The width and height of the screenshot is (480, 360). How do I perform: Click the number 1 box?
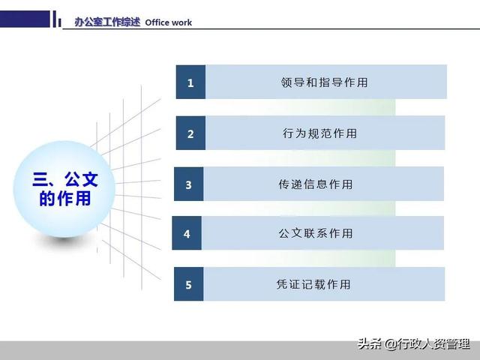[x=190, y=82]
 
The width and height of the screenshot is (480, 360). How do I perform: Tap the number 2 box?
[x=190, y=133]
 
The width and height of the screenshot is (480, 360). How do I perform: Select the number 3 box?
[x=188, y=184]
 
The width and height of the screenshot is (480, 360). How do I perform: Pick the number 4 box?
[x=187, y=234]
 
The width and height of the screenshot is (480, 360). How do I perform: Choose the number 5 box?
[x=188, y=284]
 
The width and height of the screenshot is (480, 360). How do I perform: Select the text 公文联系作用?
[x=315, y=234]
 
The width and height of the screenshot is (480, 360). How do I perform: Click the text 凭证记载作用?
[x=313, y=284]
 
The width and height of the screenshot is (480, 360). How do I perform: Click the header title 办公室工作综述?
[x=107, y=22]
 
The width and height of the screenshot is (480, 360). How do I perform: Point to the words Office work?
[x=168, y=22]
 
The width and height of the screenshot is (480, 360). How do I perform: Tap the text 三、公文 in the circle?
[x=65, y=180]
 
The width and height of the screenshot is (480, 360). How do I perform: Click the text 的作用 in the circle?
[x=65, y=199]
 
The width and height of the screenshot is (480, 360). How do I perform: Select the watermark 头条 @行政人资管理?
[x=413, y=344]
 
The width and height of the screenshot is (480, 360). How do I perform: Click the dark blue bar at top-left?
[x=27, y=18]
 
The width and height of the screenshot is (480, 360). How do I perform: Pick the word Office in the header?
[x=157, y=22]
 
